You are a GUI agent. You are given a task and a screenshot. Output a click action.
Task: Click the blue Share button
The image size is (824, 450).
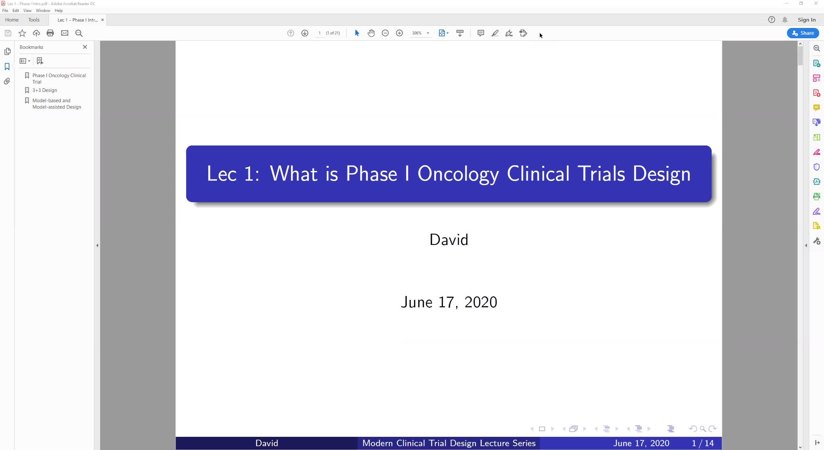(x=803, y=33)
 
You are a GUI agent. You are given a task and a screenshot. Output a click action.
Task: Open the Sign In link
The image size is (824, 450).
(x=807, y=20)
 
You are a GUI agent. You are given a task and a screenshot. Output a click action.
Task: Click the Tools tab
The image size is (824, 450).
(x=34, y=20)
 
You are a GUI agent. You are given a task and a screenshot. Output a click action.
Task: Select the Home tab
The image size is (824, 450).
(x=12, y=20)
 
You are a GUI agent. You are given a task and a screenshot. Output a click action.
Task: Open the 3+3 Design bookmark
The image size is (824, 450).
(x=45, y=90)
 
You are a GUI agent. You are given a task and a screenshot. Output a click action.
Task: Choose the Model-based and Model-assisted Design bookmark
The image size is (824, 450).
(x=57, y=104)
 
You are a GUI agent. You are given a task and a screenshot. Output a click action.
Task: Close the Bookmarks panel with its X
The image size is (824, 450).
(x=85, y=47)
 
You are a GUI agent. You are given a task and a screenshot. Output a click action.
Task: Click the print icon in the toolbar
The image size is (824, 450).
(x=50, y=33)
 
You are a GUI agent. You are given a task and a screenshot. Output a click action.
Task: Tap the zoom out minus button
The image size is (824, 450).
(x=385, y=33)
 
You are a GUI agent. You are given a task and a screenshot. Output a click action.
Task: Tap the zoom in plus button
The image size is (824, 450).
(x=399, y=33)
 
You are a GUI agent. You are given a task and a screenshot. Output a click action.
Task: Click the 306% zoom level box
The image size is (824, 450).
(x=417, y=33)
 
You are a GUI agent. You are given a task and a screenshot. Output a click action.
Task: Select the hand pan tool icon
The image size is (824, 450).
(x=371, y=33)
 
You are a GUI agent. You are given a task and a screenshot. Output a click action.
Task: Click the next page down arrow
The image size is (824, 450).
(x=305, y=33)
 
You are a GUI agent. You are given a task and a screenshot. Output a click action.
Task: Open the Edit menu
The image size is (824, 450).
(x=16, y=11)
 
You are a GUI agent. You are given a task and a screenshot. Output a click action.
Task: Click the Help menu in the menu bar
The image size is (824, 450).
(x=59, y=11)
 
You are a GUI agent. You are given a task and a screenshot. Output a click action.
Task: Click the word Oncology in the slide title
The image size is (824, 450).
(x=458, y=174)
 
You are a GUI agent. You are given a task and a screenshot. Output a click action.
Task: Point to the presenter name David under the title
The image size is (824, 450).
(x=449, y=240)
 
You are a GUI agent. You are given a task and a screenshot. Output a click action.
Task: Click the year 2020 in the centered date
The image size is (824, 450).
(x=481, y=302)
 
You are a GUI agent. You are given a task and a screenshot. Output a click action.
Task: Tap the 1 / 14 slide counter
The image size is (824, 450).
(x=703, y=443)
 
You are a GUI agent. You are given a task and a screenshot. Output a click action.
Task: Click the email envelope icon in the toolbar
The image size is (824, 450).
(x=65, y=33)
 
